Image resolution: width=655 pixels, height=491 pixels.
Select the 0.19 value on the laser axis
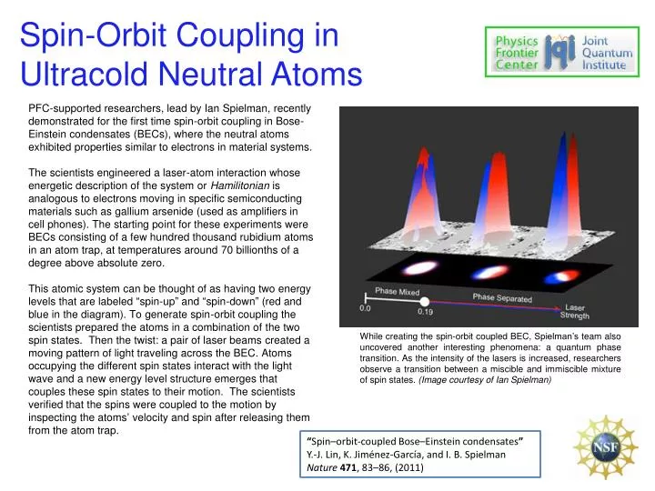point(426,311)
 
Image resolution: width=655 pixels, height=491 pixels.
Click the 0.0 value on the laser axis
point(366,308)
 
